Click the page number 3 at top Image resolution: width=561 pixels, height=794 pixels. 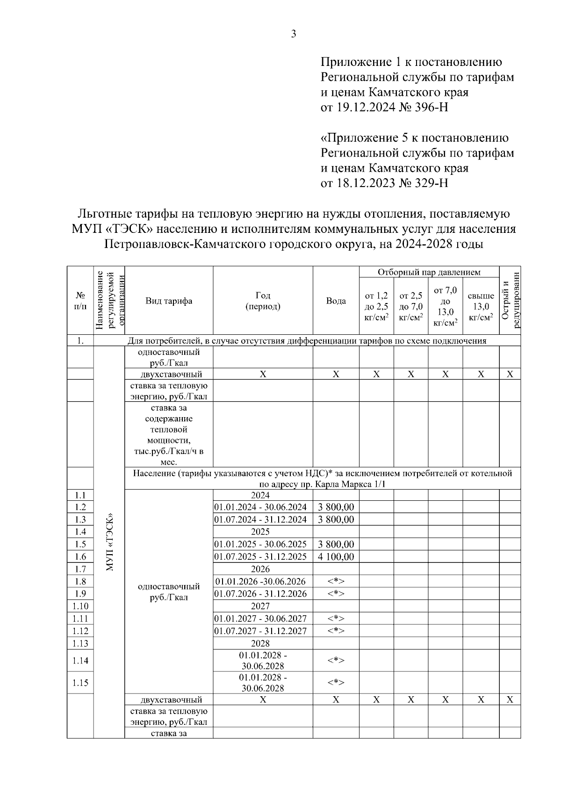(294, 34)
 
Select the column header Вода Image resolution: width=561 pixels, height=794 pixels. (336, 301)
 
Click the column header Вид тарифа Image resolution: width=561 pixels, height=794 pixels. (169, 301)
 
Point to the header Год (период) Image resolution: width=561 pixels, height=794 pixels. (263, 301)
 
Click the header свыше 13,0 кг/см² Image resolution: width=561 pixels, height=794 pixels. (481, 306)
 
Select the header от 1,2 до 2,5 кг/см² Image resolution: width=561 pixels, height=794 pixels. (376, 306)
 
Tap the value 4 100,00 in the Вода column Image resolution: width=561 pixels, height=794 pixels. (336, 556)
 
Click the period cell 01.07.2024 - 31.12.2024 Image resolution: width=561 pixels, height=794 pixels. (260, 520)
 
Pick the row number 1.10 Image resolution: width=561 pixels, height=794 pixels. (80, 606)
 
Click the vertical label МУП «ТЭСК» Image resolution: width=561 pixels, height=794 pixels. (109, 542)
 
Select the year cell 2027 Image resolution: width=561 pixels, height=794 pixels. (260, 606)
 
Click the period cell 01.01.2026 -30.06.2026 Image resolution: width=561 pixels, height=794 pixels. (260, 581)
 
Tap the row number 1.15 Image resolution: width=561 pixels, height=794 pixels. (80, 683)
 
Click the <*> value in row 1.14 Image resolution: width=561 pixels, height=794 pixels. (336, 660)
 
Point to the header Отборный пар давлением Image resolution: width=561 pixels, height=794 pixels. (429, 272)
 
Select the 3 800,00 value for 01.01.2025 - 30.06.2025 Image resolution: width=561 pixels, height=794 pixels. (336, 544)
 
